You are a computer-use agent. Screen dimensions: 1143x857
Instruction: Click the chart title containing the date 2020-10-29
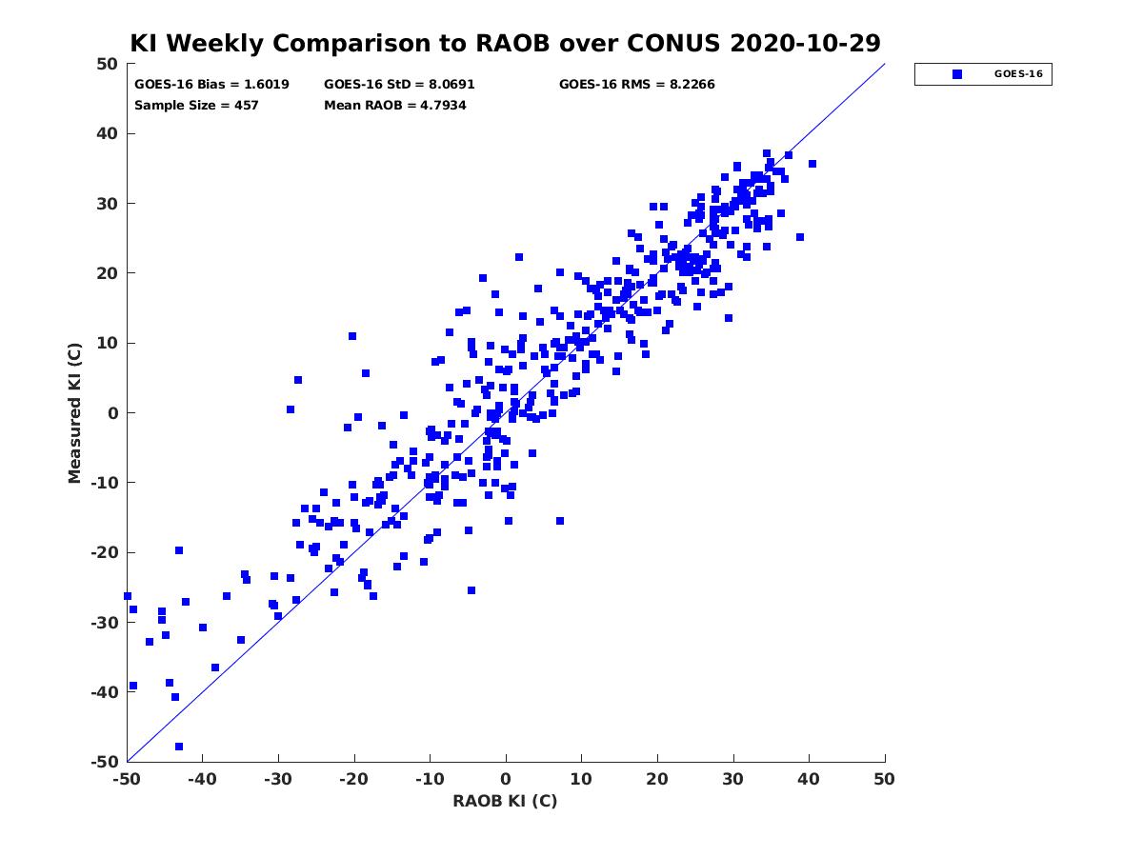tap(505, 43)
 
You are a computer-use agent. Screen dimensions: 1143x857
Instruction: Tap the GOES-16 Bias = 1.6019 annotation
tap(211, 85)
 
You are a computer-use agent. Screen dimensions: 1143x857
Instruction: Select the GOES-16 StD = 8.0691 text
tap(399, 85)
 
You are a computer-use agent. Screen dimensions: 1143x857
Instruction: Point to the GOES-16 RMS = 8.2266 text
tap(636, 85)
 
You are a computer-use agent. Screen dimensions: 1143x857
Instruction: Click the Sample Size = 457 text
tap(196, 106)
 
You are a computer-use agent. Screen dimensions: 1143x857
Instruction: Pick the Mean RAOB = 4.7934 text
tap(394, 106)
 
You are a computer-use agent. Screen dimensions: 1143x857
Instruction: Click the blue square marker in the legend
tap(956, 74)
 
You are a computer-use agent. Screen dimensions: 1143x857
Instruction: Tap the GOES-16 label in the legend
tap(1018, 74)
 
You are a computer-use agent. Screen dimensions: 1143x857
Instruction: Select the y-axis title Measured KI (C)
tap(74, 412)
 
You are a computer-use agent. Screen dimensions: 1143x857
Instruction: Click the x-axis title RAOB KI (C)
tap(505, 801)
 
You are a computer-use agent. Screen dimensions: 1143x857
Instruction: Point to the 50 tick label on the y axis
tap(108, 64)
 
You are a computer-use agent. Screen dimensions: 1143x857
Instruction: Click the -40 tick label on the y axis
tap(105, 692)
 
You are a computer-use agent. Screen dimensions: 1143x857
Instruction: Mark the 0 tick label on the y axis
tap(113, 413)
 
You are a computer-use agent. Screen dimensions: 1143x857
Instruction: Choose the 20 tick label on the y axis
tap(108, 273)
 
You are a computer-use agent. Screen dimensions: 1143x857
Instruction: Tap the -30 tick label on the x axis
tap(277, 779)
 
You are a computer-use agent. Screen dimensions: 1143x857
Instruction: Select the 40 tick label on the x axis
tap(808, 779)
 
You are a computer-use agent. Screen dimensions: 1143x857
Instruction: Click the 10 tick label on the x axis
tap(581, 779)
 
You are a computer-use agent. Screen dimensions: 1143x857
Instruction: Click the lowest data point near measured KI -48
tap(179, 747)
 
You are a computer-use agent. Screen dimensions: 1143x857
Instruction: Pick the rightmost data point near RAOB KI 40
tap(812, 164)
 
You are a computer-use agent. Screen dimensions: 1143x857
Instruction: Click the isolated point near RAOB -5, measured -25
tap(471, 590)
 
